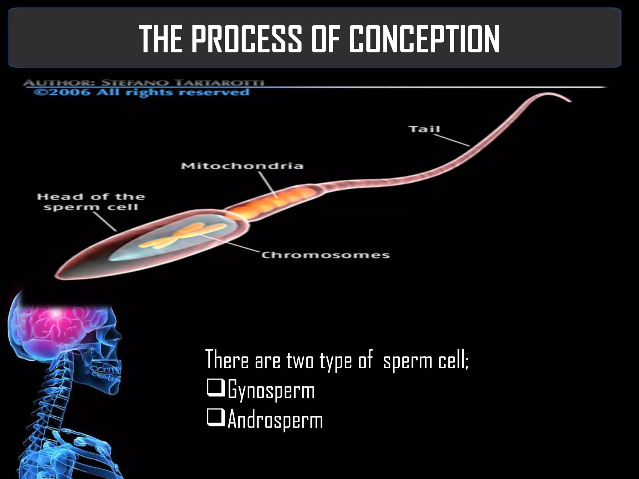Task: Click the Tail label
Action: (x=424, y=129)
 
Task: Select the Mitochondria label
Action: (x=242, y=166)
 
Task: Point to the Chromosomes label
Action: (x=326, y=255)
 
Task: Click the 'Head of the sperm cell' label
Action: (x=91, y=202)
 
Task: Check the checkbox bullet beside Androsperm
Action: (x=215, y=420)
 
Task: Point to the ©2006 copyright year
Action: (x=62, y=93)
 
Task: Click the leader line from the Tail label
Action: (x=456, y=140)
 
